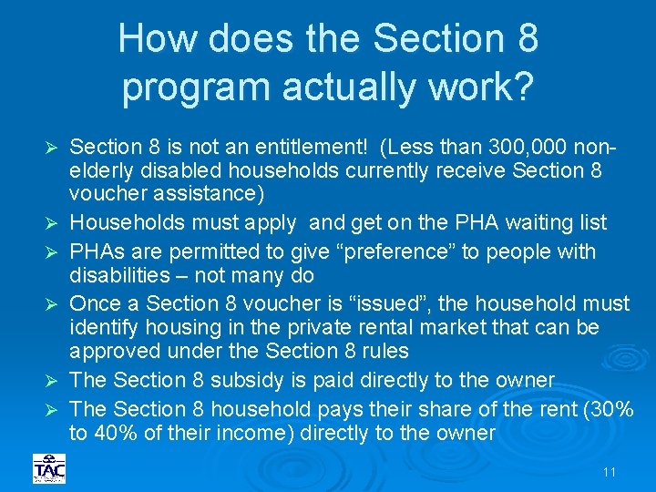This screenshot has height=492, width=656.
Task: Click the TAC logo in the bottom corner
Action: click(x=49, y=468)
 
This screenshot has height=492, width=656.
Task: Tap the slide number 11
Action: click(x=610, y=472)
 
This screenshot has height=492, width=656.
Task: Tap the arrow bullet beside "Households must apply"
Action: click(x=52, y=223)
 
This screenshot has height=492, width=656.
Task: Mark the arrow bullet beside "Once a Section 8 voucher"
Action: click(x=52, y=304)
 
